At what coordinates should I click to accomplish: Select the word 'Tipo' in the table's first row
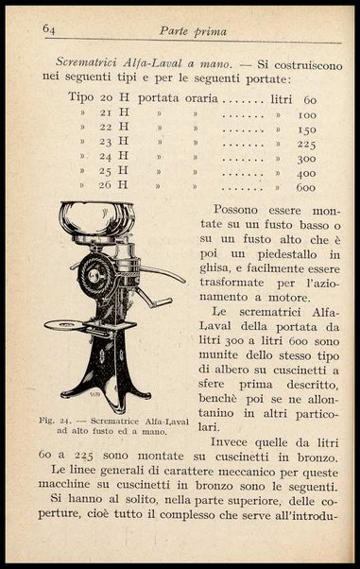[81, 97]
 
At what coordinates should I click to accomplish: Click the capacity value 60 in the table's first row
[309, 97]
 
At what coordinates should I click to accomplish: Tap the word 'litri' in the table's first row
[272, 97]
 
